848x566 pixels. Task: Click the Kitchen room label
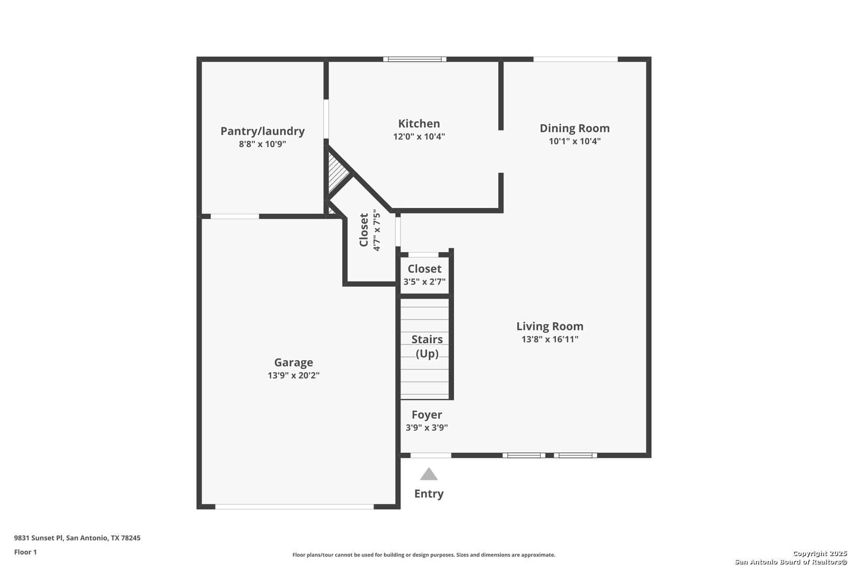[419, 124]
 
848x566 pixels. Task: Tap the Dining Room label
[575, 128]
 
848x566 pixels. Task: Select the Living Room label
[550, 326]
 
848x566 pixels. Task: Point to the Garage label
[293, 363]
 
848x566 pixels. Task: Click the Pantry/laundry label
[262, 131]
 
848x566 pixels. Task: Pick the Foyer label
[427, 415]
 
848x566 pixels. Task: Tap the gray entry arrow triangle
[429, 475]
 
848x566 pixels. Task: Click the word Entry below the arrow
[429, 494]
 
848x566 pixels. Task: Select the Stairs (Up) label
[427, 346]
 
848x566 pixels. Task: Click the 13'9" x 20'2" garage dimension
[293, 375]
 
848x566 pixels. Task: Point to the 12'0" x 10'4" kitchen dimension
[419, 136]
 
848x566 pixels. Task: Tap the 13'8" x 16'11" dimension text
[550, 339]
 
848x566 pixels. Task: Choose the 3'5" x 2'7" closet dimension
[425, 281]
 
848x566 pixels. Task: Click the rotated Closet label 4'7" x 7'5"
[370, 230]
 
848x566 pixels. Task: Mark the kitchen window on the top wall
[415, 59]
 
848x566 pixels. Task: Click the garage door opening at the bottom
[294, 506]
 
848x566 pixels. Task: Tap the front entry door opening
[431, 455]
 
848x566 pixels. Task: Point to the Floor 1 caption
[25, 552]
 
